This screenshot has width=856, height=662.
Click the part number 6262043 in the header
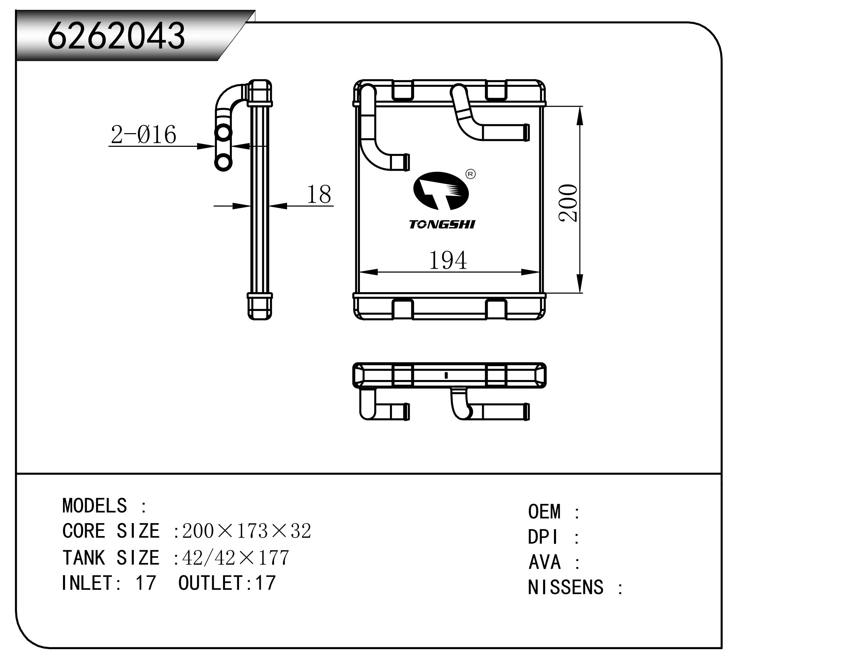coord(116,36)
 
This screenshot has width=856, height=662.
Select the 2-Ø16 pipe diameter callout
coord(143,135)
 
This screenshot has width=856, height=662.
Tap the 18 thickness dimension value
coord(319,194)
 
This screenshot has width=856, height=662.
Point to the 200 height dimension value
coord(568,203)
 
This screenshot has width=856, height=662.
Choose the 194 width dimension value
coord(448,260)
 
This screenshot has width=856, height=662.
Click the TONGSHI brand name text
coord(442,225)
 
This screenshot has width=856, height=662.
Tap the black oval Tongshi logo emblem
coord(441,191)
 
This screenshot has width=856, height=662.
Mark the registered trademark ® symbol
coord(470,174)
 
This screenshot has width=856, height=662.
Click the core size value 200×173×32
coord(247,532)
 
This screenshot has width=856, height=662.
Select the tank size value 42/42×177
coord(236,558)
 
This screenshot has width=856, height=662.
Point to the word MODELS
coord(94,506)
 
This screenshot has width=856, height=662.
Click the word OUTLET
coord(211,583)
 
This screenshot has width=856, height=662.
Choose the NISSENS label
coord(565,587)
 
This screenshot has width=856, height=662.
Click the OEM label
coord(544,512)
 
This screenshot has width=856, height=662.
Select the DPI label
coord(542,537)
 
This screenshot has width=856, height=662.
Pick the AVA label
coord(544,563)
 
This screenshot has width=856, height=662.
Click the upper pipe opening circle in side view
coord(223,133)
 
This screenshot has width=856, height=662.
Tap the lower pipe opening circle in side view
coord(223,162)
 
